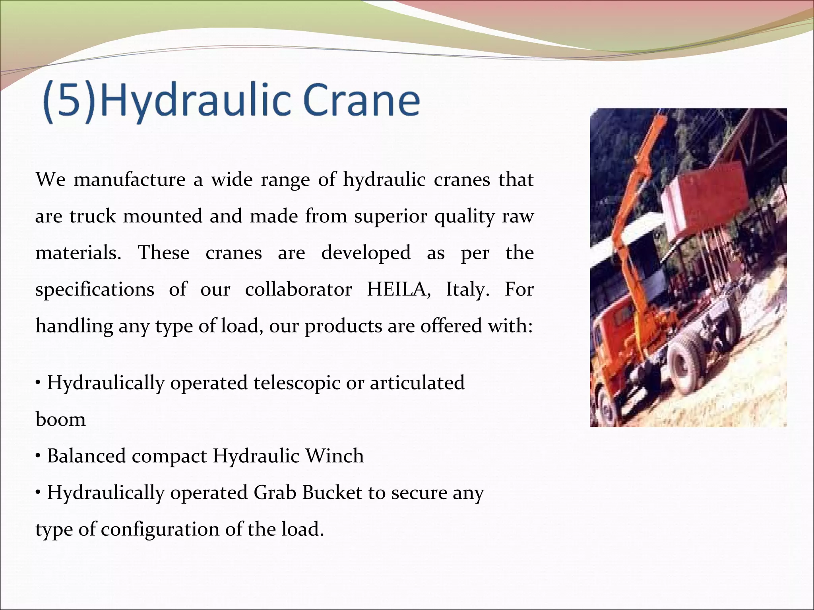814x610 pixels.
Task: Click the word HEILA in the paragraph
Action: [398, 289]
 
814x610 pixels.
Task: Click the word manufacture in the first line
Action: [130, 180]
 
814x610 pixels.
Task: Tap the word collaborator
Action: [298, 289]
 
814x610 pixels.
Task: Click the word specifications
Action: [95, 290]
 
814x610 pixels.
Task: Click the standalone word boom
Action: [60, 419]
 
